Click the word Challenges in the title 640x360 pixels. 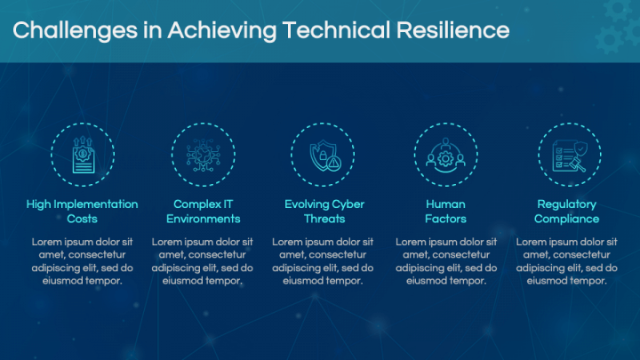coord(75,31)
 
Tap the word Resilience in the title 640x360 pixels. coord(453,30)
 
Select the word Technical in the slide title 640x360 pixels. coord(336,30)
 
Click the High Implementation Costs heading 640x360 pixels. coord(82,212)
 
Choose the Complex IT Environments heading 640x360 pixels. coord(204,212)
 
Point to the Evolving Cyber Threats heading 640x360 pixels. coord(324,212)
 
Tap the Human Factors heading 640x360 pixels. coord(445,212)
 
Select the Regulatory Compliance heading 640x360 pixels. coord(567,212)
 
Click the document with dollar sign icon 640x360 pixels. coord(84,155)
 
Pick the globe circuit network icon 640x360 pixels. coord(204,155)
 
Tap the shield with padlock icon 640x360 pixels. coord(325,156)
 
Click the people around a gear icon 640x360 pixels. coord(445,155)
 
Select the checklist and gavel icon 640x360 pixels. coord(570,156)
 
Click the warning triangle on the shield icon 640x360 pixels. coord(334,164)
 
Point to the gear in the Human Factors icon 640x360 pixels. coord(445,158)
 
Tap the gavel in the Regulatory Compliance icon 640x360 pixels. coord(577,164)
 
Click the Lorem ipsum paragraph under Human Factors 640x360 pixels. coord(446,261)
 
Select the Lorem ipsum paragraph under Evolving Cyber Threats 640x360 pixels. coord(323,261)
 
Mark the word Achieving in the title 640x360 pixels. coord(221,31)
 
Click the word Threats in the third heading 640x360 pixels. coord(324,219)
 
